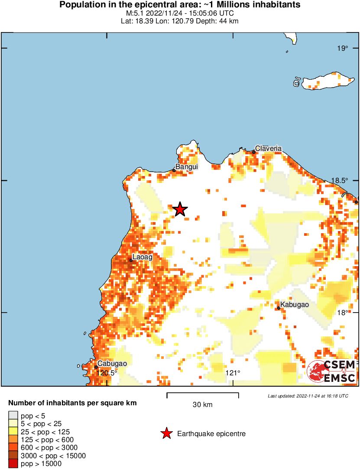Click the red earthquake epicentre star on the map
(180, 209)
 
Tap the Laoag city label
(142, 257)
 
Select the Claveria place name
(268, 149)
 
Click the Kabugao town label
(294, 305)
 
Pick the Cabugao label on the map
(112, 364)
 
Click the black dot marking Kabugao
(279, 308)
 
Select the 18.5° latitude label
(341, 180)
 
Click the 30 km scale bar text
(202, 405)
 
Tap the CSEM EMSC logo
(331, 371)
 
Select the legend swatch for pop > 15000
(13, 464)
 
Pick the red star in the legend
(166, 433)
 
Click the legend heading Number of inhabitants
(72, 403)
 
